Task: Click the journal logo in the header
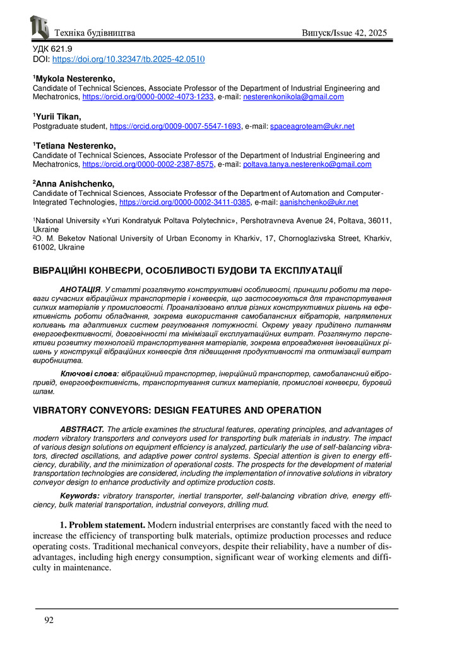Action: tap(39, 27)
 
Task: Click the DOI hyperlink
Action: tap(128, 58)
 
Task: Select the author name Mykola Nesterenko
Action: tap(74, 78)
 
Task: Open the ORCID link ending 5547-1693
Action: tap(175, 126)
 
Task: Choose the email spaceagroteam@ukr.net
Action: tap(312, 126)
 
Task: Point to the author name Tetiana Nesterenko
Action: tap(75, 145)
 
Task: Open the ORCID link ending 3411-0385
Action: tap(185, 202)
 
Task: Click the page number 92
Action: tap(49, 620)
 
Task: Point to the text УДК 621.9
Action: tap(52, 49)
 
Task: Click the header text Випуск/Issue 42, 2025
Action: tap(344, 33)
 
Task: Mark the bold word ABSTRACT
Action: tap(82, 429)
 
